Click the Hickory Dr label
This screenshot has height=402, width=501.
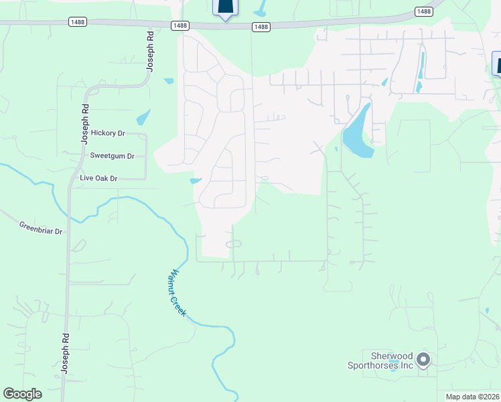109,133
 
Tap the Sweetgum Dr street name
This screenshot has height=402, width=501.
113,156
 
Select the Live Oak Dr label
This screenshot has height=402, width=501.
98,178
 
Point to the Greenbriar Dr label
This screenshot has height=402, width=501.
40,228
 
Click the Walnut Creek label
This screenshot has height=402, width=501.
176,293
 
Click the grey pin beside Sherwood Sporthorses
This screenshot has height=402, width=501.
423,360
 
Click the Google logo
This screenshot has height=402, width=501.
22,394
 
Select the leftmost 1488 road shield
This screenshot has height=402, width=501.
78,22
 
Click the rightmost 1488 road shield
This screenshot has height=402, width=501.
423,11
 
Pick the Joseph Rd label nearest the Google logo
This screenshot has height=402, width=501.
66,355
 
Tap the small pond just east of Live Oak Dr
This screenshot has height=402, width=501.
196,180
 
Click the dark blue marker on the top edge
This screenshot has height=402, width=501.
226,7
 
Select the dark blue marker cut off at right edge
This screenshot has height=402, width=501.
496,64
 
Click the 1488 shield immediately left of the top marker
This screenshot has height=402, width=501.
180,25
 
